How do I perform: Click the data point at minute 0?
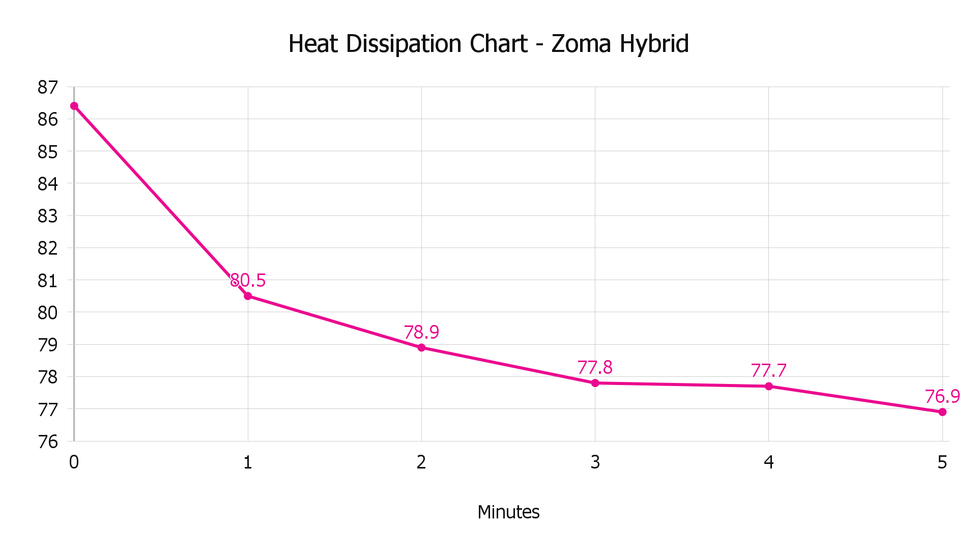click(74, 106)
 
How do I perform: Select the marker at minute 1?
click(248, 296)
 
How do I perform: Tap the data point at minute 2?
click(421, 348)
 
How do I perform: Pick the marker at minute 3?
click(595, 383)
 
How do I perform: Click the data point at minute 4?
click(769, 387)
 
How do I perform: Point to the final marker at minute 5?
click(942, 412)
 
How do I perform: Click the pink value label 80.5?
click(248, 280)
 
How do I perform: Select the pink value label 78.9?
click(421, 332)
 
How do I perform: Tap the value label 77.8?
click(595, 367)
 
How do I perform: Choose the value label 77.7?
click(768, 370)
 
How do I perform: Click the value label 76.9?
click(942, 396)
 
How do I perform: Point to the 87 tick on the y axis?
click(48, 88)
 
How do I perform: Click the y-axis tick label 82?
click(48, 249)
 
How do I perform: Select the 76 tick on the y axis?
click(48, 442)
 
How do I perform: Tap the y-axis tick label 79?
click(48, 345)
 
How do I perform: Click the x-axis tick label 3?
click(595, 462)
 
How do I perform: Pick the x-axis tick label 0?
click(74, 462)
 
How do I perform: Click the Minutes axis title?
click(508, 512)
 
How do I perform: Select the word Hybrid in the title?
click(654, 44)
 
